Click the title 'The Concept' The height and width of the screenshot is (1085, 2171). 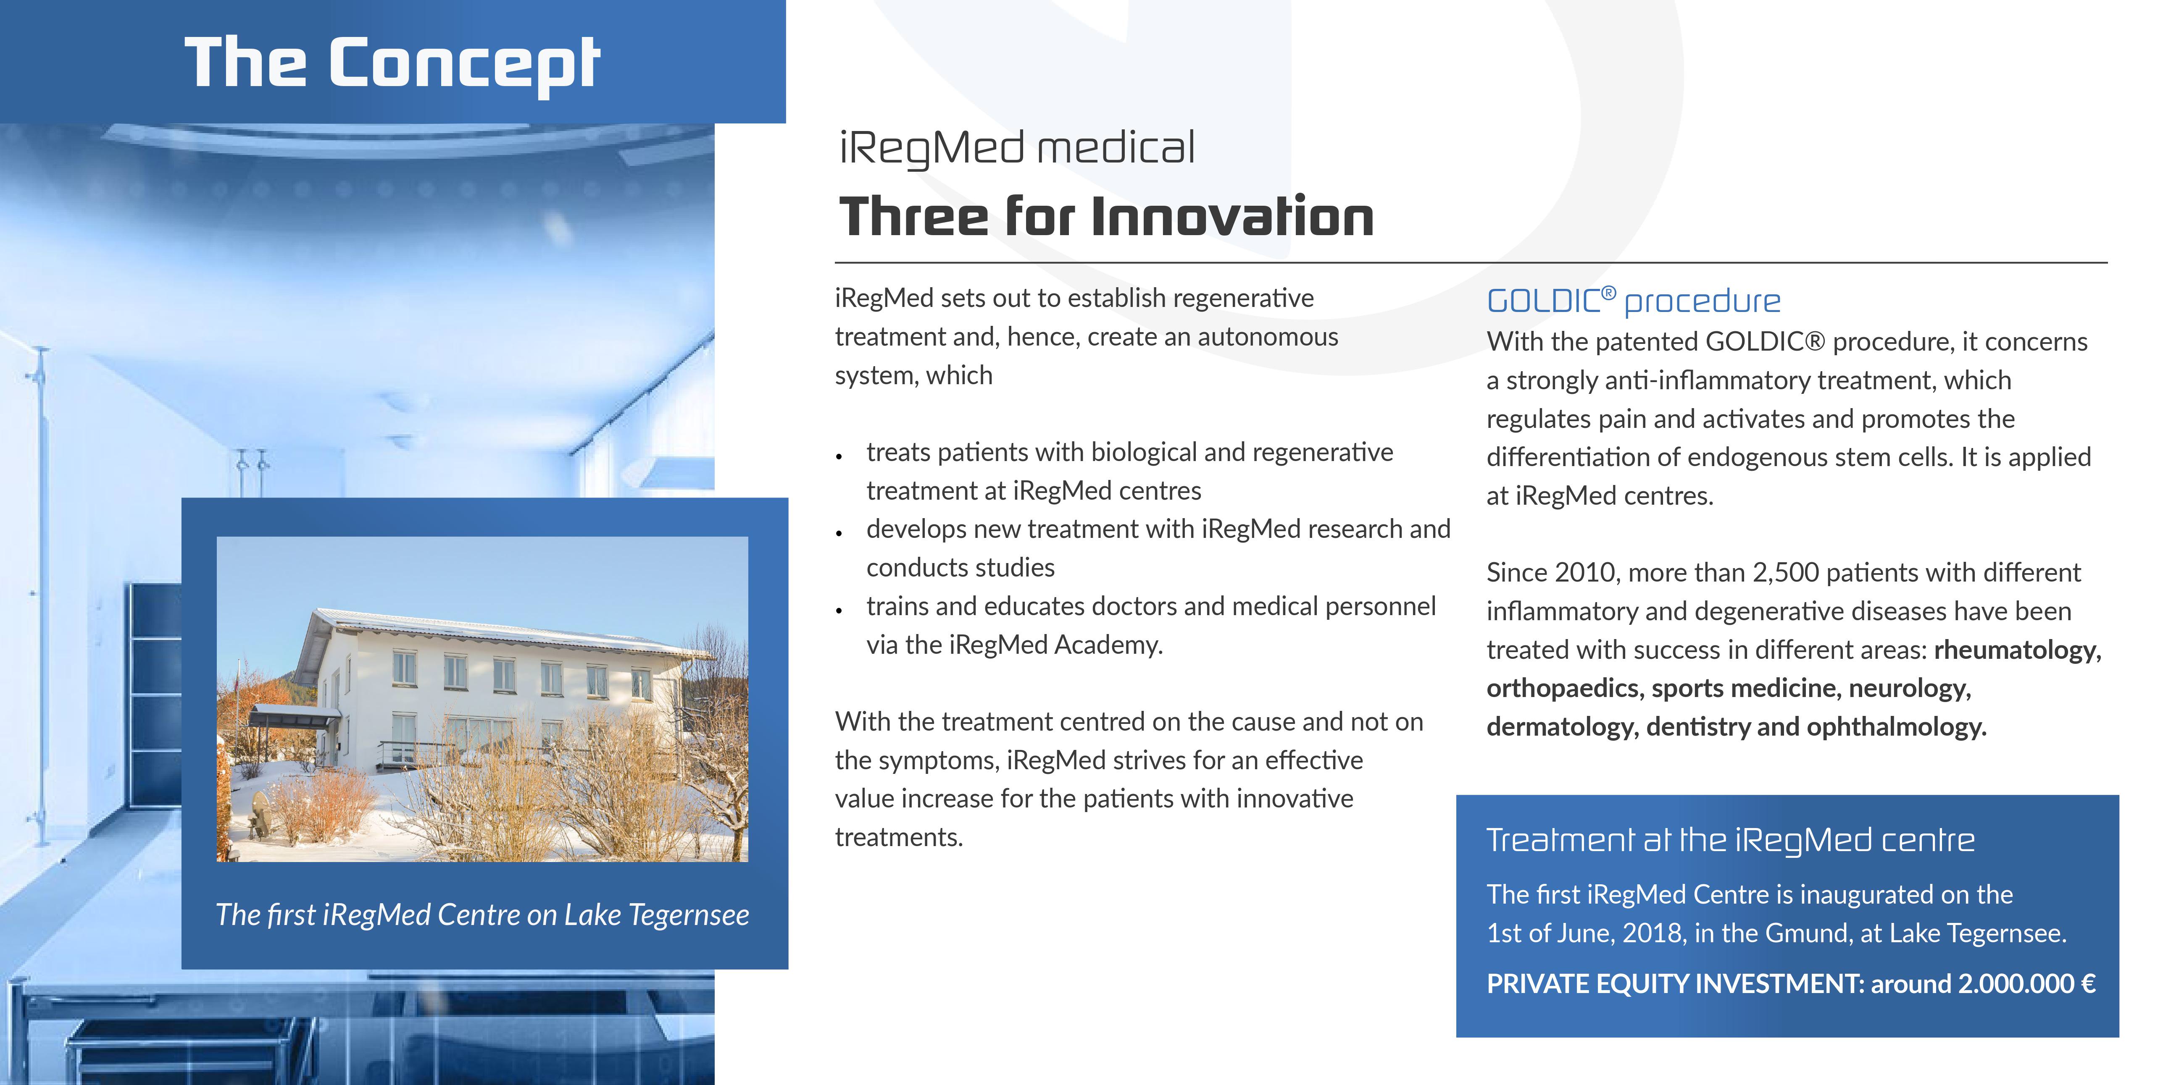pos(392,63)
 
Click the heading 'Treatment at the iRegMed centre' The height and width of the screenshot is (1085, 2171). pos(1730,841)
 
